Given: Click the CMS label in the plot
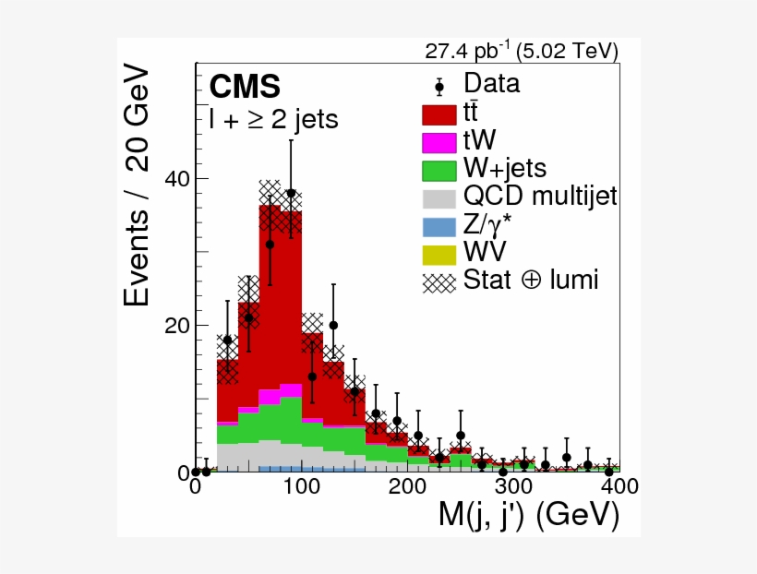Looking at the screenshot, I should coord(245,86).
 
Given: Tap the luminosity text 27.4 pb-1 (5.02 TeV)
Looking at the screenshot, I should coord(521,50).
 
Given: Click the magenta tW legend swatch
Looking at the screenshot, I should coord(439,142).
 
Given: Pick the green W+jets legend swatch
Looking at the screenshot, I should coord(439,170).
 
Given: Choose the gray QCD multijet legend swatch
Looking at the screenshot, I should coord(439,197).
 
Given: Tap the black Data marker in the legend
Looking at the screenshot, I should coord(439,86).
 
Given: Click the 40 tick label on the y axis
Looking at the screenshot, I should coord(176,178).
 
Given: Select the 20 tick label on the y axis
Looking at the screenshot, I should coord(176,325).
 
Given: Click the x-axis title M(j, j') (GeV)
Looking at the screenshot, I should coord(528,517).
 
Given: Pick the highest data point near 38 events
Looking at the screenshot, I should coord(291,193).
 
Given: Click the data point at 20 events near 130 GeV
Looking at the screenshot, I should coord(333,325).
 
